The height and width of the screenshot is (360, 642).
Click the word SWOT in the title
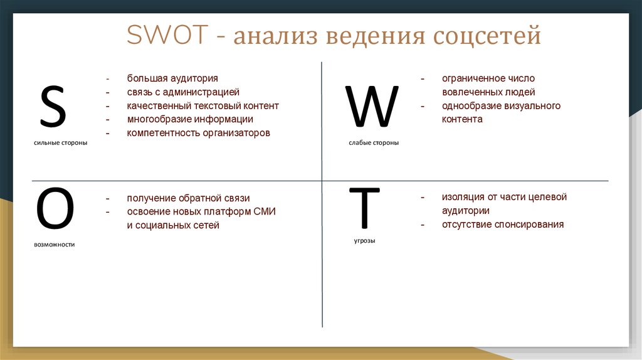click(x=167, y=34)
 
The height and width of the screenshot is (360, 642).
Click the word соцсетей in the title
click(x=487, y=35)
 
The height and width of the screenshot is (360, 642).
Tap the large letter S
click(x=53, y=107)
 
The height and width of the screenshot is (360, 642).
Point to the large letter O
click(x=55, y=208)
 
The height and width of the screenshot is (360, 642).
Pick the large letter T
click(x=364, y=208)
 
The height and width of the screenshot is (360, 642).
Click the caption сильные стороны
click(x=61, y=143)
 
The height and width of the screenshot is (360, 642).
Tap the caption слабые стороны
click(x=374, y=143)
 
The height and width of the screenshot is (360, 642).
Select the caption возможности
click(x=55, y=245)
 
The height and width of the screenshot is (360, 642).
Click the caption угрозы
click(x=364, y=241)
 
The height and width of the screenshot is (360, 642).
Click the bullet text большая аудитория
click(x=172, y=78)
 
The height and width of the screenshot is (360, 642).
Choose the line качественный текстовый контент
click(x=203, y=105)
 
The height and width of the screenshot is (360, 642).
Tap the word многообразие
click(x=157, y=119)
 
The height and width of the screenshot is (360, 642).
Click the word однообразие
click(x=471, y=105)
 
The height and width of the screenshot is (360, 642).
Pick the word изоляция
click(x=463, y=197)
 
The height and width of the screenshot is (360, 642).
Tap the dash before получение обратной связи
click(x=108, y=199)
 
